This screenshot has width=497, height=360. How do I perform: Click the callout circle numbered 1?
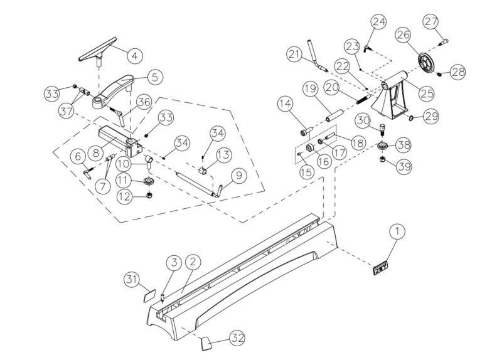click(x=396, y=232)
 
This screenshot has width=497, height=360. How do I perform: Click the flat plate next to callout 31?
click(x=148, y=293)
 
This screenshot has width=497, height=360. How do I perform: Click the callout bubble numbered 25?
click(x=427, y=93)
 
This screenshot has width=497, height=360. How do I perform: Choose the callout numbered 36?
click(x=144, y=103)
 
